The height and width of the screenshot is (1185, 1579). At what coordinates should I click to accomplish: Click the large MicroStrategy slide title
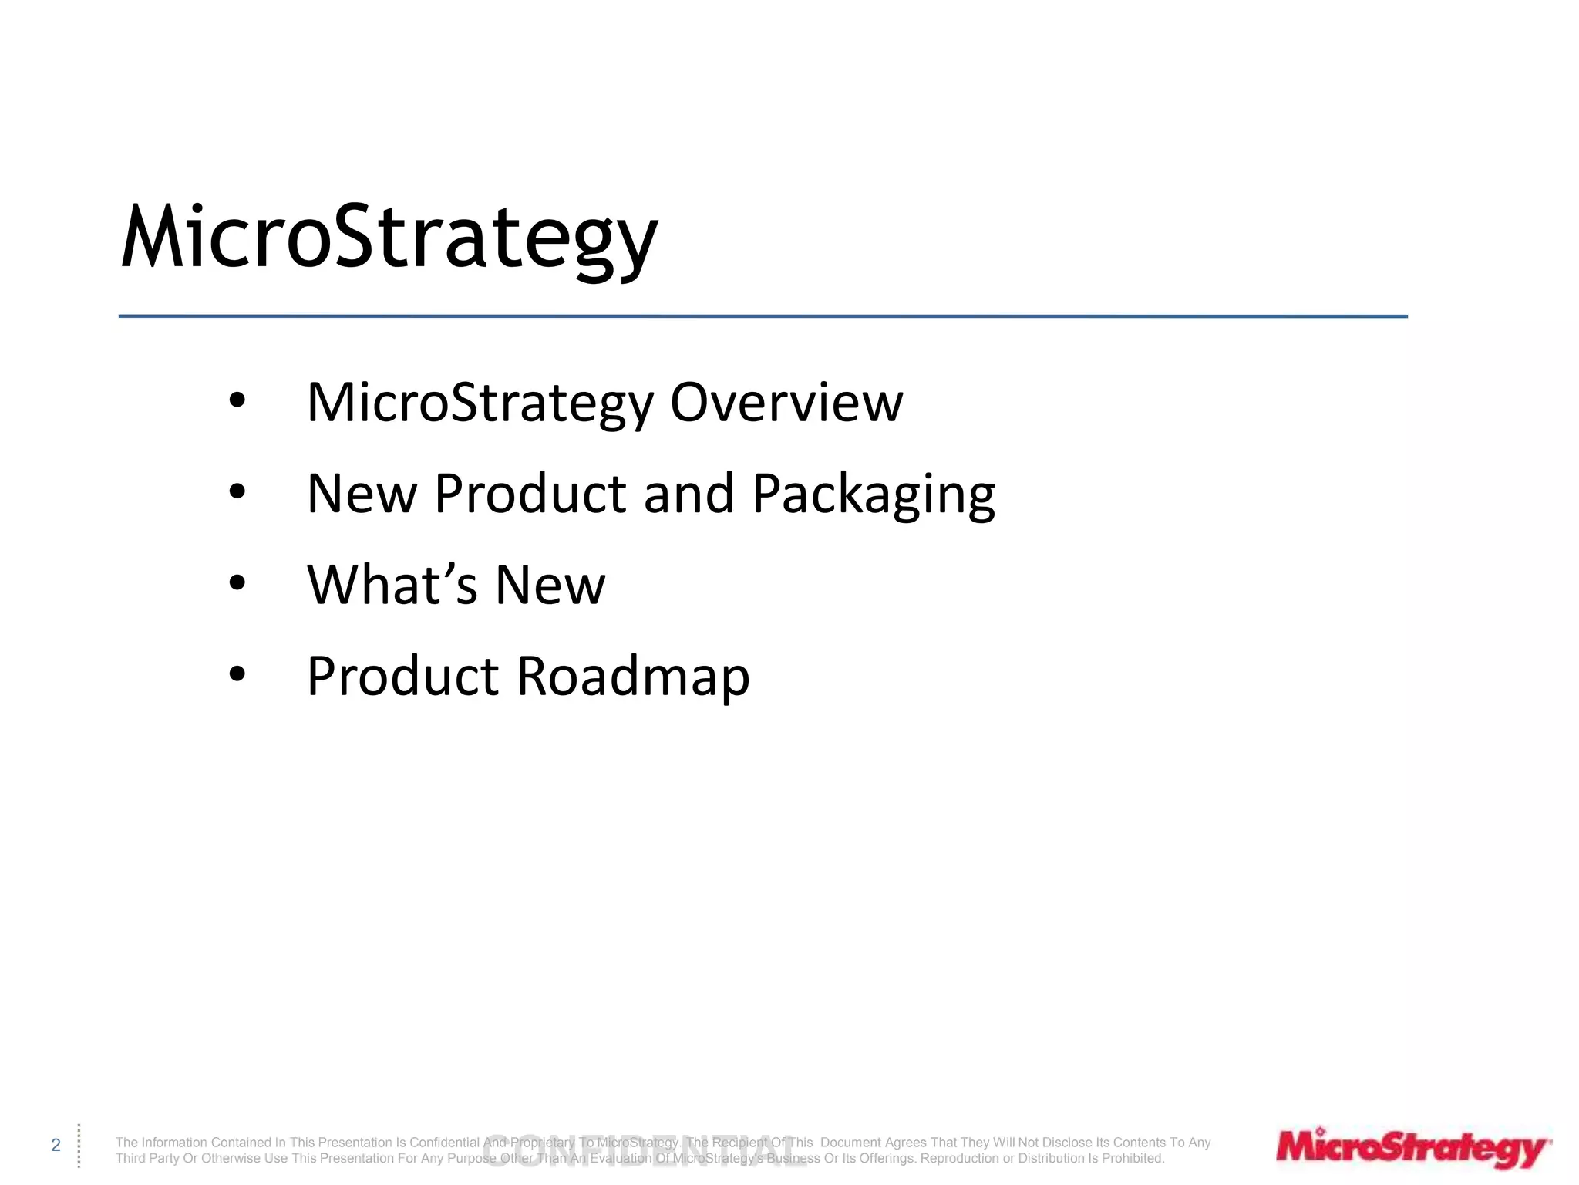pos(389,238)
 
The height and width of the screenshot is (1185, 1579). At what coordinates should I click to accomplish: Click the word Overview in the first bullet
pos(786,403)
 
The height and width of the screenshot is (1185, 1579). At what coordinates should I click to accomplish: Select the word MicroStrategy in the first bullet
pos(480,403)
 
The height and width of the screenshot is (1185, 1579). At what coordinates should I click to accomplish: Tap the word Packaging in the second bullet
pos(873,494)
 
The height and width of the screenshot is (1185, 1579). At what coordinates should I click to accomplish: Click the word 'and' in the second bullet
pos(688,494)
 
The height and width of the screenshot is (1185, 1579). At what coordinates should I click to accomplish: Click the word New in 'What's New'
pos(550,585)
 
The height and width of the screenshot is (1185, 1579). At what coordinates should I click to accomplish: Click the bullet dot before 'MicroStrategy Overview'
pos(237,400)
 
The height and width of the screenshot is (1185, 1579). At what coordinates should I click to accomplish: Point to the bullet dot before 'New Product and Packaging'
pos(237,491)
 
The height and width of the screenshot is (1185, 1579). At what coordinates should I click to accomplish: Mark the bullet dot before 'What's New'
pos(237,582)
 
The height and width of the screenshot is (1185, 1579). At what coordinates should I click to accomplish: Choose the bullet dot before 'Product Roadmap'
pos(237,674)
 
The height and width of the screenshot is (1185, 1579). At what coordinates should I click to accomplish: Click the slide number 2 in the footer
pos(56,1145)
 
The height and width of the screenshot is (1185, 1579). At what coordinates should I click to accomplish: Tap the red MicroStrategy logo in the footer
pos(1412,1149)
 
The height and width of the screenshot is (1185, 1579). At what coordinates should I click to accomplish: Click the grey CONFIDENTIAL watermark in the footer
pos(644,1150)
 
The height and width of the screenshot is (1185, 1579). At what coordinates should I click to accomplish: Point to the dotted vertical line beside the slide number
pos(79,1146)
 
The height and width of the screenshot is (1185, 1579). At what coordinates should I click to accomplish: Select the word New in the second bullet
pos(362,494)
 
